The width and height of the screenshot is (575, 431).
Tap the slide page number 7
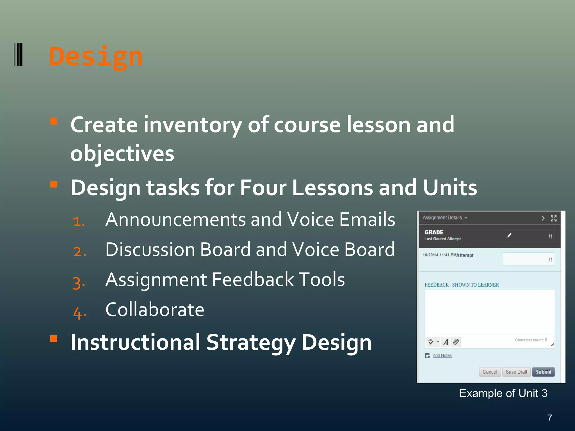[x=549, y=418]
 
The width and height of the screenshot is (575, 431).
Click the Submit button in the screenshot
[x=543, y=372]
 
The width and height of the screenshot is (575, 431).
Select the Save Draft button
[x=516, y=372]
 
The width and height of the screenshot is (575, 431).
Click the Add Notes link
[x=442, y=356]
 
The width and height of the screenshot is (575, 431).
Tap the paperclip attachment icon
[x=456, y=342]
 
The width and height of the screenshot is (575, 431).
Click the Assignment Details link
[x=442, y=218]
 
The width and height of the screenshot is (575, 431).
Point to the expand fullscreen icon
[x=553, y=218]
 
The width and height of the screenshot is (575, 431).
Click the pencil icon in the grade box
[x=509, y=236]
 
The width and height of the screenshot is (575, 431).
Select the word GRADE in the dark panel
[x=434, y=232]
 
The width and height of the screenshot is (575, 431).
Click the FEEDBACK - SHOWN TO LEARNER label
[x=462, y=285]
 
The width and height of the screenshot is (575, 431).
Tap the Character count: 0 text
[x=531, y=340]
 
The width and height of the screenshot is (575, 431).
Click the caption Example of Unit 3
[x=503, y=393]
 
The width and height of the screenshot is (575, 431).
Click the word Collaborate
[x=155, y=310]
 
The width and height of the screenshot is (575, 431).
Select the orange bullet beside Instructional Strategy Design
[x=54, y=339]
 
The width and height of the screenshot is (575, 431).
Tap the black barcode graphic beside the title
[x=18, y=54]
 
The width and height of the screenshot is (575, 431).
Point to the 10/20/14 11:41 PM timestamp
[x=439, y=255]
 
